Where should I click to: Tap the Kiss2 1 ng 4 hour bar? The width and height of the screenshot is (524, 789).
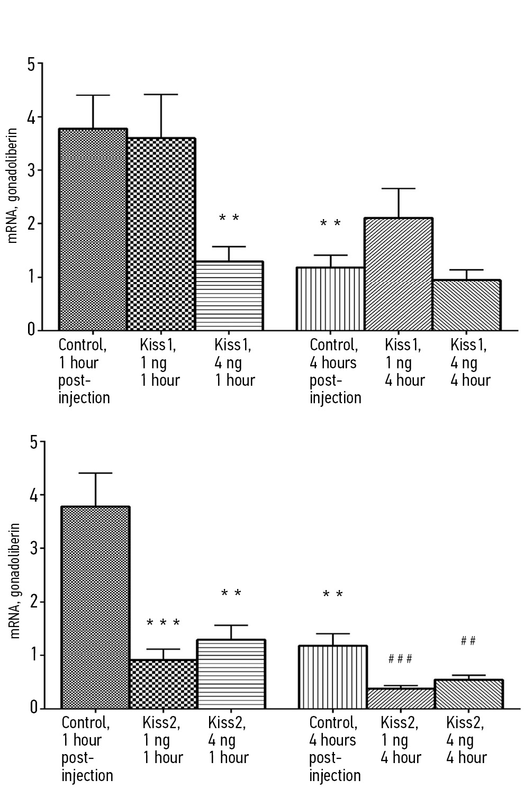401,698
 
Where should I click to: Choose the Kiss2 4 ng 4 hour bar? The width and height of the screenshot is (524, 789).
468,694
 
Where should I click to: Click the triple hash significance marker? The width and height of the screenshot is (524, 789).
400,659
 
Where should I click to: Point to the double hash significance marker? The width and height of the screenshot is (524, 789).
468,641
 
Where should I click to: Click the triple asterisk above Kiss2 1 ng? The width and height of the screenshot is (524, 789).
163,623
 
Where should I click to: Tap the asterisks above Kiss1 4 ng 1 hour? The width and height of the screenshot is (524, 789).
229,218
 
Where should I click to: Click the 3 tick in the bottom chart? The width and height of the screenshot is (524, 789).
34,548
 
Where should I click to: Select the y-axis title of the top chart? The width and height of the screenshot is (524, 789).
13,185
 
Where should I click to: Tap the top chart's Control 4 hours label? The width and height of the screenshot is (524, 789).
334,371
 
